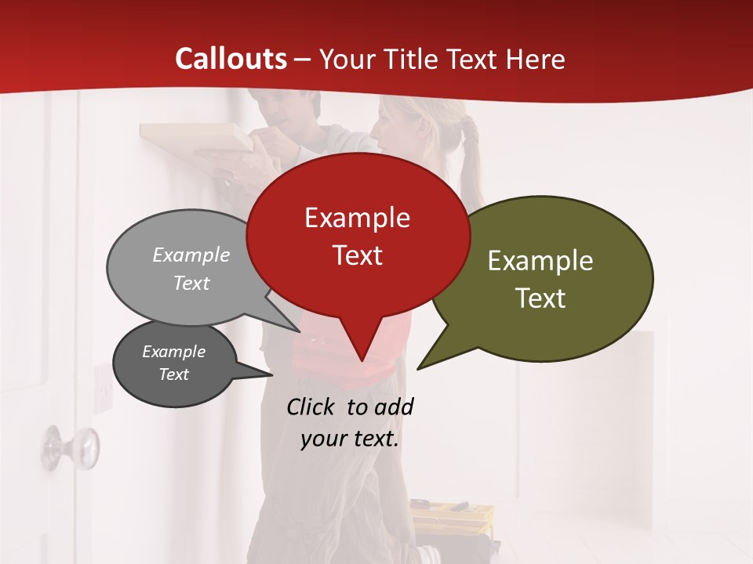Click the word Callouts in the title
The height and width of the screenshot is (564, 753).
coord(231,59)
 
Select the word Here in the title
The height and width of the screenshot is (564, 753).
coord(534,59)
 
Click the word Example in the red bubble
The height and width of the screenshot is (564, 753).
coord(357,218)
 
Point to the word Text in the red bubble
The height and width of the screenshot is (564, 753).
coord(357,255)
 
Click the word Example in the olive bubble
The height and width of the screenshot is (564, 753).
coord(540,261)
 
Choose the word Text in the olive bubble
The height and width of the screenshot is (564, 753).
coord(540,298)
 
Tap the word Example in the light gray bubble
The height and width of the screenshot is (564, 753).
coord(191,255)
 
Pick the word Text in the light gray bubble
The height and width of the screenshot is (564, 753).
coord(191,283)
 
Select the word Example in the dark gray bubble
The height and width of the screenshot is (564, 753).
coord(174,352)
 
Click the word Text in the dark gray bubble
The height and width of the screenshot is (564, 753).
coord(174,374)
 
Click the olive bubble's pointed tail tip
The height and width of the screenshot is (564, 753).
coord(419,368)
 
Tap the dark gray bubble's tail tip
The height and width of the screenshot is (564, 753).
coord(271,374)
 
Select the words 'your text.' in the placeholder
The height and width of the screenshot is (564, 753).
coord(350,439)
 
